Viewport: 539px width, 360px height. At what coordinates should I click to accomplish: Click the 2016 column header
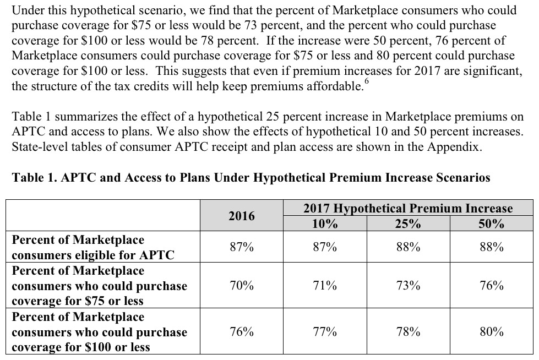tap(242, 216)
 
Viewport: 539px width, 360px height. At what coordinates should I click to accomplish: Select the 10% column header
tap(324, 223)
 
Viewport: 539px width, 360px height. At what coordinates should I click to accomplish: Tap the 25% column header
tap(408, 223)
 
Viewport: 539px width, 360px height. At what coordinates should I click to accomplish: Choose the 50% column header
tap(491, 223)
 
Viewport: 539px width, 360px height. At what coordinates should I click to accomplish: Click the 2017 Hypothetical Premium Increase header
tap(407, 209)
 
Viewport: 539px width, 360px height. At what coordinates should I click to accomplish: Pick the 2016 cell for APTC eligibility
tap(242, 247)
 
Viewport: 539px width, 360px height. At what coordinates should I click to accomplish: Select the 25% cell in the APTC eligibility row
tap(408, 247)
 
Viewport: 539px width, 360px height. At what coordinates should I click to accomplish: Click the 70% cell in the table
tap(242, 285)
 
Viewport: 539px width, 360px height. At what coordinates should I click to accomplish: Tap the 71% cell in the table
tap(324, 285)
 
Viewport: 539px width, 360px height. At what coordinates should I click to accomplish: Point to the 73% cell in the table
tap(408, 285)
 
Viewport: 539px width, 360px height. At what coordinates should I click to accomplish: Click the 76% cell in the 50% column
tap(491, 285)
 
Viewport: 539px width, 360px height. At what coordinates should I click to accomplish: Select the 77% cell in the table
tap(324, 331)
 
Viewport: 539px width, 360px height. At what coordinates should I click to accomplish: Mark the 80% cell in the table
tap(491, 331)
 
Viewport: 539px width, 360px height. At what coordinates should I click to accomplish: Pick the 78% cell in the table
tap(408, 331)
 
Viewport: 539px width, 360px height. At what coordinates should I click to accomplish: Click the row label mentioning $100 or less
tap(99, 332)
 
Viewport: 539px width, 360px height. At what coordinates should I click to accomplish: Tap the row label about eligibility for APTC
tap(92, 247)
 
